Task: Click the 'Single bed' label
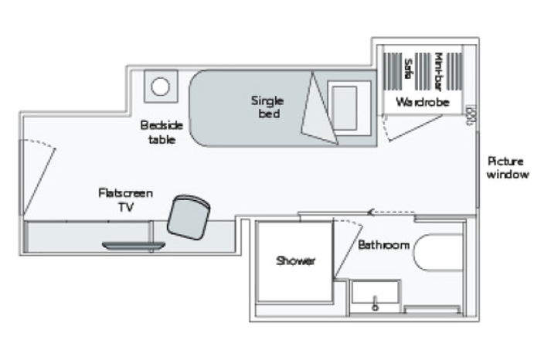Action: [267, 107]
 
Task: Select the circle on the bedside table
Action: [160, 87]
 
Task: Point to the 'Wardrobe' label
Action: [417, 102]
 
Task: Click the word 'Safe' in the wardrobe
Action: [407, 70]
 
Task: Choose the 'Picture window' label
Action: [507, 168]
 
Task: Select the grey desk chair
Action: [189, 215]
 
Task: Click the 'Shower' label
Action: [296, 261]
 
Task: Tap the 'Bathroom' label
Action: [383, 245]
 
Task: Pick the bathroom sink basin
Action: [376, 296]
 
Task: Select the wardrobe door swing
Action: [410, 127]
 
